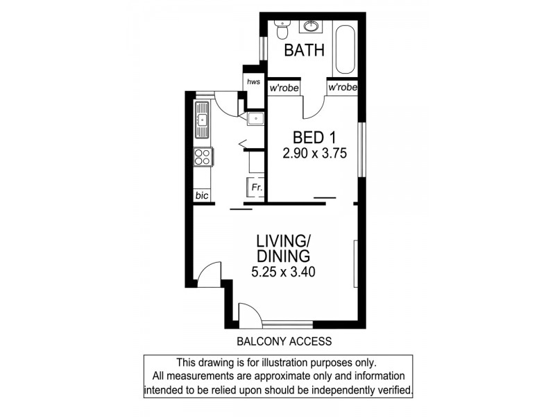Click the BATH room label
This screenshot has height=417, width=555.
pyautogui.click(x=304, y=50)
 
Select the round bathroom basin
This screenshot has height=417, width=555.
pyautogui.click(x=310, y=27)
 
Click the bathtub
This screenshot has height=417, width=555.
pyautogui.click(x=345, y=49)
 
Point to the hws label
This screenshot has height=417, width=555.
pyautogui.click(x=253, y=82)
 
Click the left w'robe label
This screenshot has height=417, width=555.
pyautogui.click(x=284, y=88)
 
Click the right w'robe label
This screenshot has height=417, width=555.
pyautogui.click(x=342, y=88)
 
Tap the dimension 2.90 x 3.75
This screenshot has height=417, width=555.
pyautogui.click(x=314, y=153)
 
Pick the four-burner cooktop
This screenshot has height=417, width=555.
pyautogui.click(x=202, y=157)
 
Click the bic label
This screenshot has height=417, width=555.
pyautogui.click(x=201, y=196)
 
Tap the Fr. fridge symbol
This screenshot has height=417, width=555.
pyautogui.click(x=255, y=188)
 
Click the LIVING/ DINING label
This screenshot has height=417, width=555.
pyautogui.click(x=283, y=249)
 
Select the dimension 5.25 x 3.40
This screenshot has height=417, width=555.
pyautogui.click(x=283, y=272)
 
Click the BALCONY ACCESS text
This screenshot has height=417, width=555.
pyautogui.click(x=284, y=341)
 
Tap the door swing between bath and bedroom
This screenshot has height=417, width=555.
pyautogui.click(x=314, y=105)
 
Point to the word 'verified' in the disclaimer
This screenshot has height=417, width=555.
pyautogui.click(x=392, y=390)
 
